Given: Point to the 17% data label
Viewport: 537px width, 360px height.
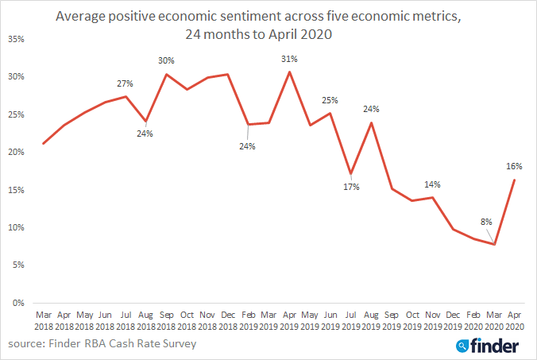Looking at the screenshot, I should [351, 187].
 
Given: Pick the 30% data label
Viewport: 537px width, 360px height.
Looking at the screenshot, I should [165, 60].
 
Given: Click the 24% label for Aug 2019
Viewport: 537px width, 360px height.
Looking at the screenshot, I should [371, 109].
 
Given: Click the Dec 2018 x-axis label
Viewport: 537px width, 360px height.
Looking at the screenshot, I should [227, 321].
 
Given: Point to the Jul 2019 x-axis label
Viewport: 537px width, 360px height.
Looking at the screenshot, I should [350, 321].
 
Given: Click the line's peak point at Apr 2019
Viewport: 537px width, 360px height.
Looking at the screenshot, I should [288, 72].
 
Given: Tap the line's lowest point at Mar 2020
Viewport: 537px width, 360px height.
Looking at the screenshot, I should [495, 244].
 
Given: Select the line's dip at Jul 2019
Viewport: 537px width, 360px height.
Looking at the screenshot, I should [350, 174].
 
